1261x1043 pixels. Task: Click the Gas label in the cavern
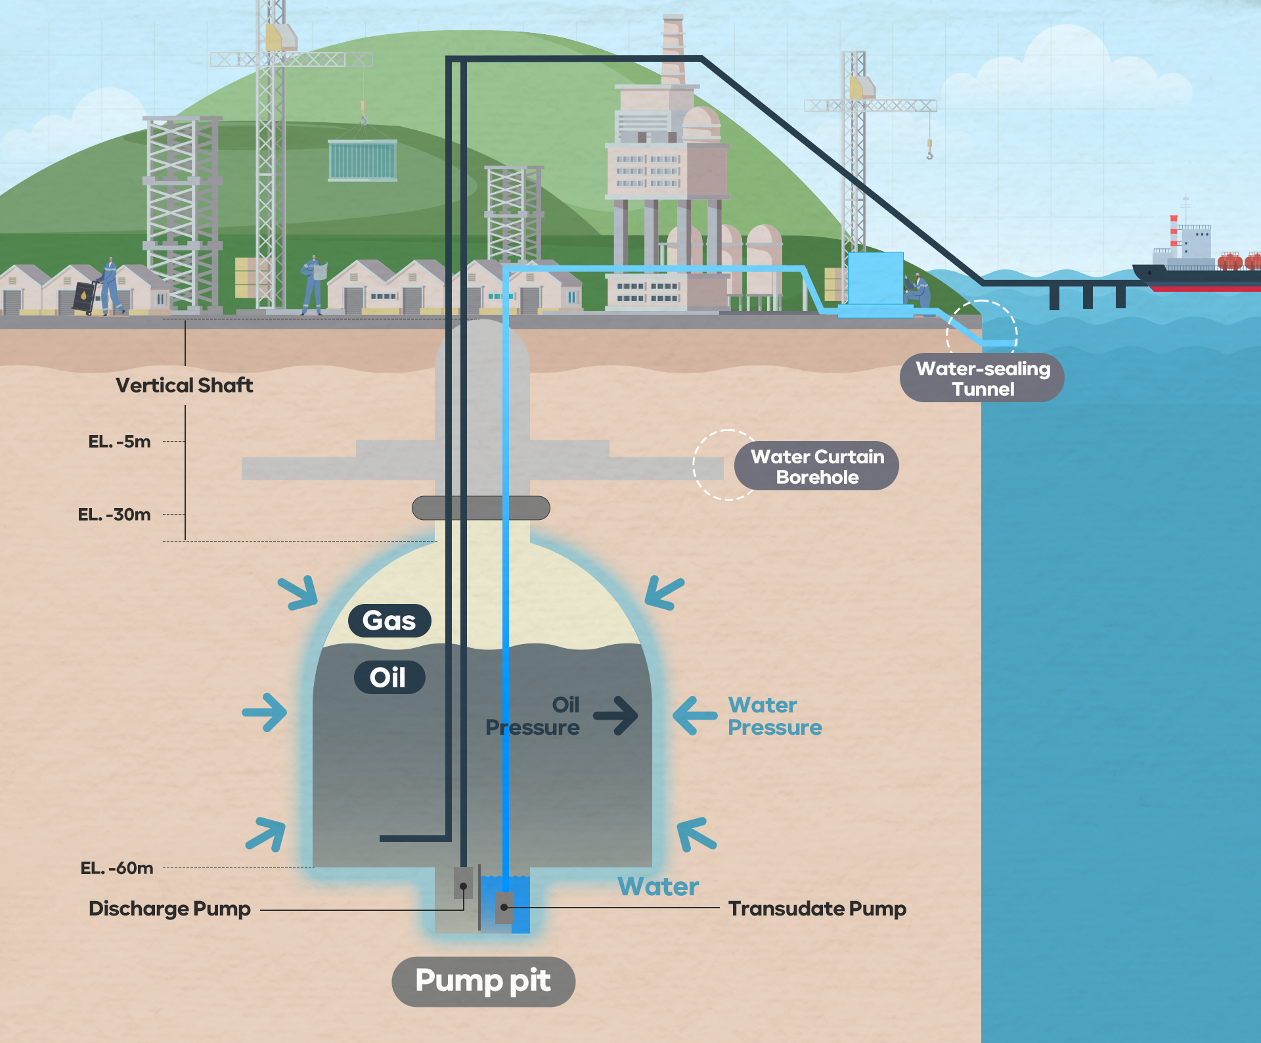[389, 620]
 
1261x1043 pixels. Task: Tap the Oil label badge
[389, 677]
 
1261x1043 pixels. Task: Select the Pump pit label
[483, 981]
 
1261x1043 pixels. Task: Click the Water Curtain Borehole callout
[816, 466]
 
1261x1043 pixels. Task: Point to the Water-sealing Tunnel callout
[982, 378]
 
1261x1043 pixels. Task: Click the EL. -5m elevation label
[120, 442]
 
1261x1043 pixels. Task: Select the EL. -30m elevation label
[114, 515]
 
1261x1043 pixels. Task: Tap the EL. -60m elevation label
[117, 868]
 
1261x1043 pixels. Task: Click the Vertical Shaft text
[185, 385]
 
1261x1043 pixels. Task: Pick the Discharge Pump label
[169, 909]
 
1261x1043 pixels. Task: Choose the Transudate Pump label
[817, 909]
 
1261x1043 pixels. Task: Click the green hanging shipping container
[363, 160]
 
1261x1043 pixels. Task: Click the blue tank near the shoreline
[875, 279]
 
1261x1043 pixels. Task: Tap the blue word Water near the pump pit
[658, 887]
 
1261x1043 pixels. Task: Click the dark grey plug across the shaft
[481, 508]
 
